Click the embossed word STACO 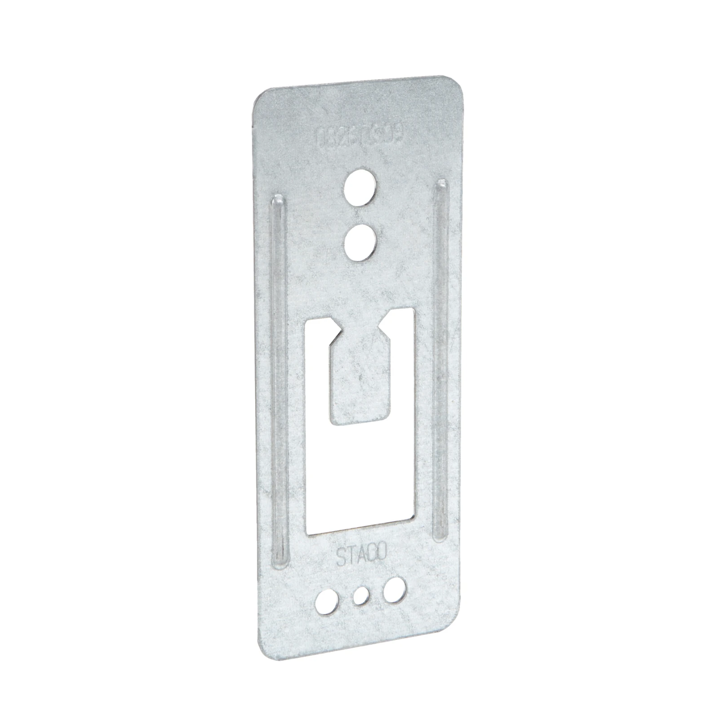pos(361,555)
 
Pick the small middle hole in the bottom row pos(361,596)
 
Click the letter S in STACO pos(341,559)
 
